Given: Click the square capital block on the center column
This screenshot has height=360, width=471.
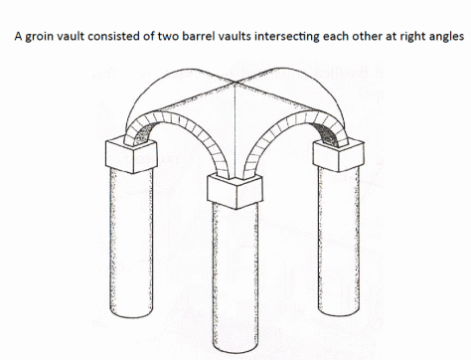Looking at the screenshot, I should [234, 189].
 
